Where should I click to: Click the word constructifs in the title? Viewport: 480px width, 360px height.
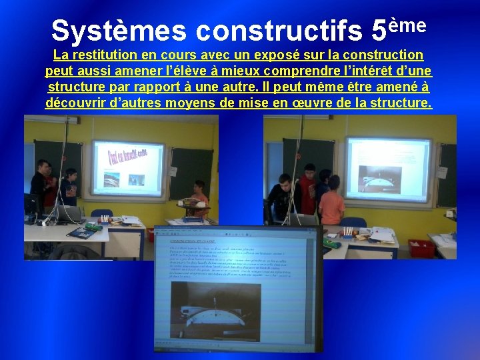(281, 31)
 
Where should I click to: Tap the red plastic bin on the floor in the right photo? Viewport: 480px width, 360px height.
(421, 247)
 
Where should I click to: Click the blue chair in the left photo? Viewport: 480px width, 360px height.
(102, 215)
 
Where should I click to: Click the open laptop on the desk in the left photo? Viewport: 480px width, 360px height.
(67, 213)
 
